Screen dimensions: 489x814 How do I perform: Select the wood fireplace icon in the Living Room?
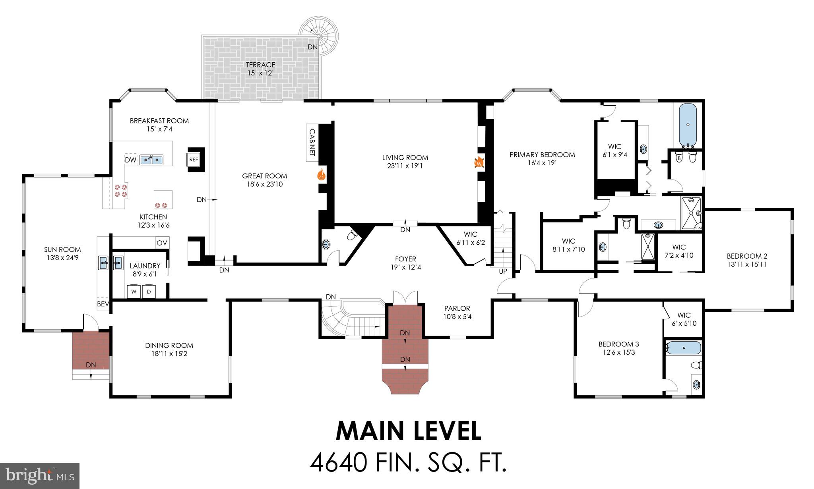tap(479, 162)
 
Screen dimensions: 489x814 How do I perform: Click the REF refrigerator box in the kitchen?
tap(194, 160)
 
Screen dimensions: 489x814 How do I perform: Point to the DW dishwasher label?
tap(130, 160)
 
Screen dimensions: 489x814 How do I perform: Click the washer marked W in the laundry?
tap(134, 292)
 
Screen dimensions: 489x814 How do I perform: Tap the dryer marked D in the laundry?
tap(149, 292)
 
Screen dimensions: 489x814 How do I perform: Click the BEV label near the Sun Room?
tap(103, 304)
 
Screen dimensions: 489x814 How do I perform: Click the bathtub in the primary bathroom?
tap(688, 124)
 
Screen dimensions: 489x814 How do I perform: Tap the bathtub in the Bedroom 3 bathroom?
tap(684, 348)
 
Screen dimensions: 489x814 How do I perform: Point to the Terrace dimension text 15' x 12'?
tap(260, 73)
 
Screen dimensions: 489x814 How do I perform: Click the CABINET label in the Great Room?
tap(312, 143)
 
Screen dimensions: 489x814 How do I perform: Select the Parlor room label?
tap(457, 308)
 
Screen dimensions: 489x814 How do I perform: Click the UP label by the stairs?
tap(503, 272)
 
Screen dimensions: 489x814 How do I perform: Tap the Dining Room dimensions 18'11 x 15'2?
tap(169, 354)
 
